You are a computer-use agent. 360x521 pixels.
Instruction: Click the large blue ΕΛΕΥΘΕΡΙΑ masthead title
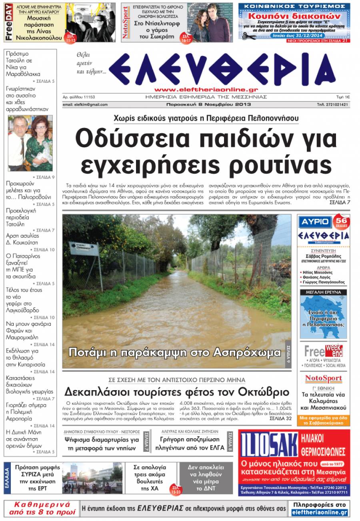click(x=227, y=69)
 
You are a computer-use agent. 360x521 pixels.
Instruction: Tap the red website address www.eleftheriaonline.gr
click(x=206, y=90)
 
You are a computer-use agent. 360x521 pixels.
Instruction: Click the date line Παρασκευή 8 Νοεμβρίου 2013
click(x=208, y=104)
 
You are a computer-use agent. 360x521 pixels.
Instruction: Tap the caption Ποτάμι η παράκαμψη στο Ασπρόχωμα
click(x=175, y=353)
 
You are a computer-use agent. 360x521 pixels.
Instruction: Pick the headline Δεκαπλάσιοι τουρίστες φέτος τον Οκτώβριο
click(x=176, y=391)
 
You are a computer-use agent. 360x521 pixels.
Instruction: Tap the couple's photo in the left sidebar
click(x=30, y=143)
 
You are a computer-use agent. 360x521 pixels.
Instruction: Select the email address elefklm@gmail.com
click(x=85, y=104)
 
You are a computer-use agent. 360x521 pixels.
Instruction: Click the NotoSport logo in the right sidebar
click(x=324, y=379)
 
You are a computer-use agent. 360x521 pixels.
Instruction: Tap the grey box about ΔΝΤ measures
click(x=206, y=478)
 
